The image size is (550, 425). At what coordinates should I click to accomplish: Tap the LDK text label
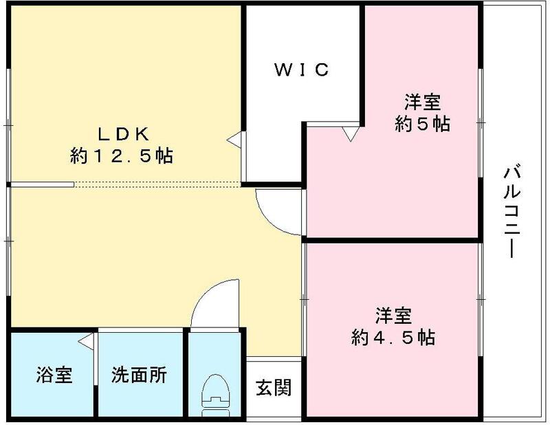tap(122, 133)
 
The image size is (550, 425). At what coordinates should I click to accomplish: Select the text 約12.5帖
tap(121, 156)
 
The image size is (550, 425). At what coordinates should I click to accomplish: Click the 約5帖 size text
tap(422, 124)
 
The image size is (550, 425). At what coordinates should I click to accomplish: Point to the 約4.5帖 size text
tap(393, 338)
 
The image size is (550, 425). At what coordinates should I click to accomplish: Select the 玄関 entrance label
tap(274, 387)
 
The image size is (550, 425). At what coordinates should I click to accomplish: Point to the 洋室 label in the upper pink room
tap(422, 102)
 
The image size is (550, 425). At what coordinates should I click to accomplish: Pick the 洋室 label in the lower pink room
tap(393, 316)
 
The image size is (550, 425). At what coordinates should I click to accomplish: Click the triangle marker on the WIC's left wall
tap(235, 140)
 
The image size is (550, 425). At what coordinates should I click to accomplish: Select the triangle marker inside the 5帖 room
tap(351, 133)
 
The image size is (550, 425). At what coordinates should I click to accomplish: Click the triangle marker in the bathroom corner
tap(86, 340)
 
